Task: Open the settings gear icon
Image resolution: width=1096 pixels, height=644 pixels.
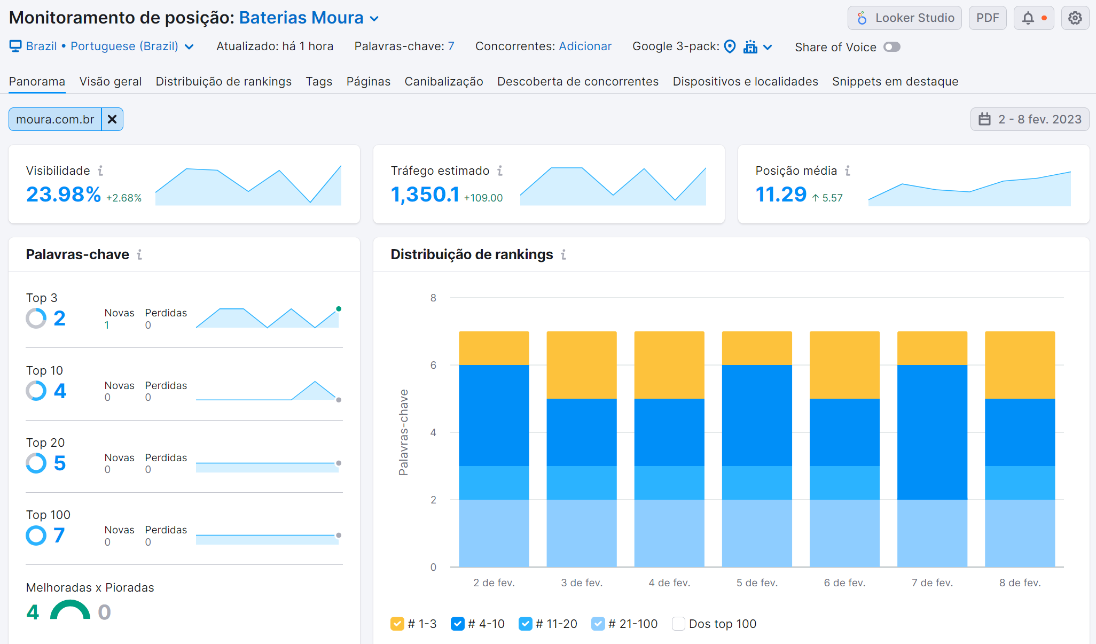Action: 1075,18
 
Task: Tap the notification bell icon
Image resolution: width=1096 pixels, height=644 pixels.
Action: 1028,18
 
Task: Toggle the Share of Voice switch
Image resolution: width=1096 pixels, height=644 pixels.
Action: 891,47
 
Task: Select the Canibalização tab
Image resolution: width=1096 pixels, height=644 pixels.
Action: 443,81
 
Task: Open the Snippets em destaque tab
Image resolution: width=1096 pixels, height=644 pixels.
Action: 895,81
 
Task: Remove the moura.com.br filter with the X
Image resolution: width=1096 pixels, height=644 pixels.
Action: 112,119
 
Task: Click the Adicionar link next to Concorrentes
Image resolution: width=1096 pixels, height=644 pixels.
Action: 585,46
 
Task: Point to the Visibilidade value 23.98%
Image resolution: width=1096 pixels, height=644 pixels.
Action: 64,195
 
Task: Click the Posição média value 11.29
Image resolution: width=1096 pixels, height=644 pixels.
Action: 780,195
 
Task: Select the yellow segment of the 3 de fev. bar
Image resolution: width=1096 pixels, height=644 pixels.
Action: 581,364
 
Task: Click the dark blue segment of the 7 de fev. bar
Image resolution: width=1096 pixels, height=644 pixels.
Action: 932,432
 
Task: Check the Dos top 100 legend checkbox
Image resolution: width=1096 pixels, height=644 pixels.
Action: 678,624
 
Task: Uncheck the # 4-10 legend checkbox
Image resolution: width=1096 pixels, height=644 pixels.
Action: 457,624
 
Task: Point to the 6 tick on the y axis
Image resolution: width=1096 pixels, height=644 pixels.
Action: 433,365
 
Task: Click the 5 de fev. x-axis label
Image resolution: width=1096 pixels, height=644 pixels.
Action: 756,583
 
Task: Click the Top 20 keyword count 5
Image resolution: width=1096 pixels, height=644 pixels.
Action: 59,463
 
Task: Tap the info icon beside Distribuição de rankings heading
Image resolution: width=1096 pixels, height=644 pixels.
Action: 563,255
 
